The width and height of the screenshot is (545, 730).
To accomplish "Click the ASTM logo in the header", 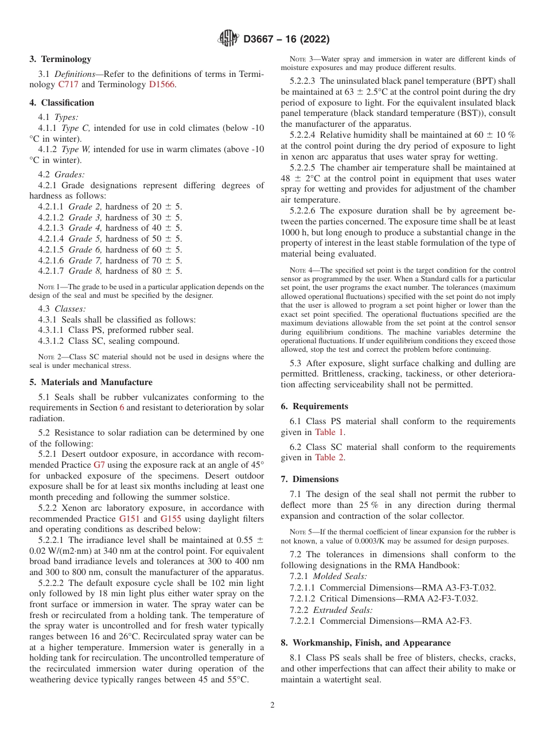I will [229, 39].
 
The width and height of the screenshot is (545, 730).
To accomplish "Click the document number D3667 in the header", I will [262, 40].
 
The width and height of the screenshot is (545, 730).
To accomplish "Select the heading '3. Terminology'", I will [60, 59].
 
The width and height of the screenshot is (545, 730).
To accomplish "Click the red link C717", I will [69, 84].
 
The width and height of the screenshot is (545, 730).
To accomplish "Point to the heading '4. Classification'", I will [62, 103].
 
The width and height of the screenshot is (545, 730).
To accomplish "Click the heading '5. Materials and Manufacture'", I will [91, 382].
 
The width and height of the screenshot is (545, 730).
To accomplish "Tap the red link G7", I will [99, 465].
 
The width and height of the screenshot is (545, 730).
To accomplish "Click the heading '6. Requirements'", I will [314, 406].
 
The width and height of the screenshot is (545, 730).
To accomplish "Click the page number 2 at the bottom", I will [272, 705].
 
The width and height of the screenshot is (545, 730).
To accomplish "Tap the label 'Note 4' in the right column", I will [301, 270].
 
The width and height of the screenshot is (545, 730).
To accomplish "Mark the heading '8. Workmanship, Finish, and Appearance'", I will [365, 643].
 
